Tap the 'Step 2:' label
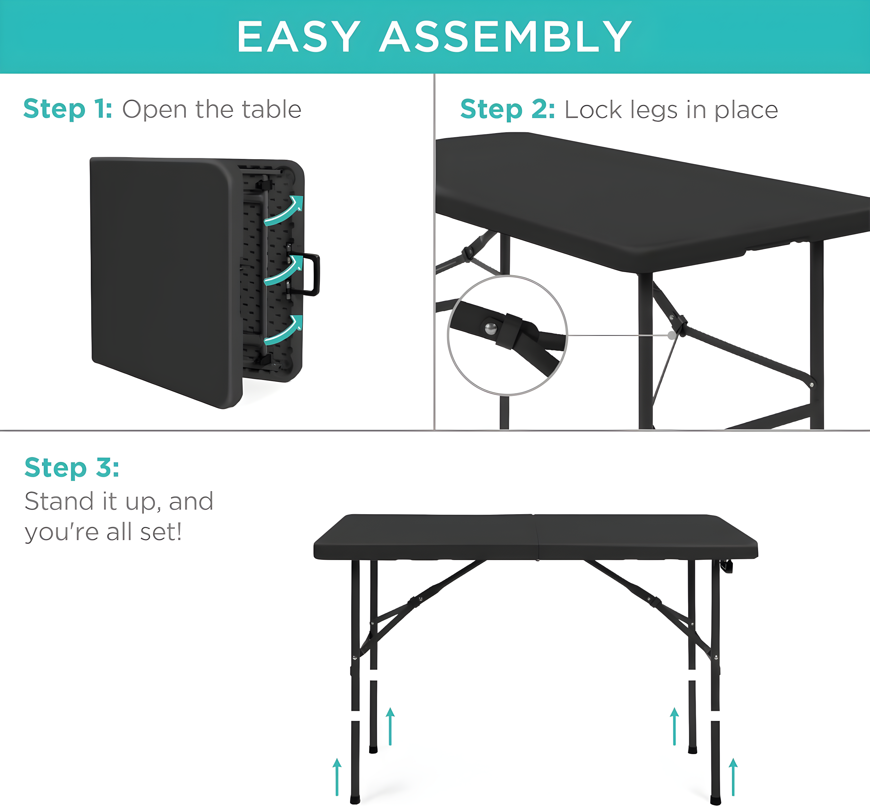(507, 109)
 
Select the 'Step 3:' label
(72, 468)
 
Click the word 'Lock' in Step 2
(593, 110)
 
